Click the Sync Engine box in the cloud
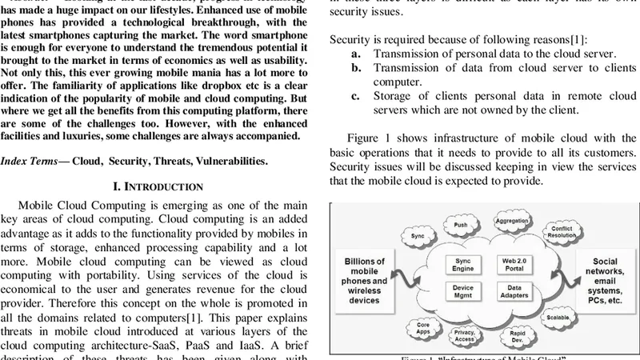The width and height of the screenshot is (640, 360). coord(463,265)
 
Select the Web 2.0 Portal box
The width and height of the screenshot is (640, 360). coord(511,265)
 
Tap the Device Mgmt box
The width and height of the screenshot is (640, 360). coord(463,293)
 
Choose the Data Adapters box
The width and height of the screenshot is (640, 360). coord(511,293)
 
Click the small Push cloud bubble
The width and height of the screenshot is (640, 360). coord(461,226)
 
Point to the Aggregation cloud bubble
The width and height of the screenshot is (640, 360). coord(511,221)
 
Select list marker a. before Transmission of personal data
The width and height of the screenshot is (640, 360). coord(356,54)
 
